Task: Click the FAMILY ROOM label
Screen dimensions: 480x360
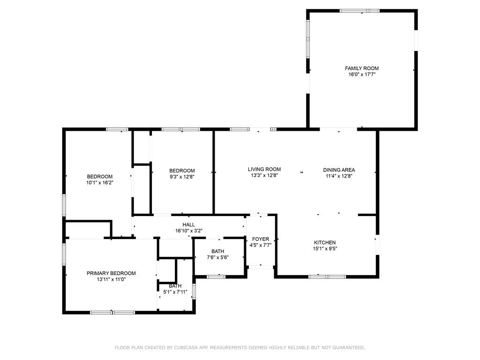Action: point(361,68)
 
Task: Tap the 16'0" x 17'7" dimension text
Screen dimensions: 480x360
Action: point(361,75)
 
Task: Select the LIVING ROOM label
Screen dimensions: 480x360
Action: point(264,169)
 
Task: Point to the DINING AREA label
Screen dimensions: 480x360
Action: point(339,170)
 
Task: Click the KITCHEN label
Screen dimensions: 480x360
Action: point(325,242)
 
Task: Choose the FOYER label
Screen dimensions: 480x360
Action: point(261,239)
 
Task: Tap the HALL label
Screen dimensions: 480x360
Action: point(188,225)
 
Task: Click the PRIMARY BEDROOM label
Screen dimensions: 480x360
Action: point(111,273)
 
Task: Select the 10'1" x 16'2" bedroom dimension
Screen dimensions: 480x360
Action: point(100,183)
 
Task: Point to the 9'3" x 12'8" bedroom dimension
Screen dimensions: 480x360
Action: point(182,177)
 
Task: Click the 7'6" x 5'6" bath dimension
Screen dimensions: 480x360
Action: point(217,257)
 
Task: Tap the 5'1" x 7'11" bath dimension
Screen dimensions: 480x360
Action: point(175,292)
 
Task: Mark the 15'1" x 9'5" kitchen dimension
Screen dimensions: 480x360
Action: point(325,248)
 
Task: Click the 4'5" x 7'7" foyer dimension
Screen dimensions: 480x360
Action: point(261,245)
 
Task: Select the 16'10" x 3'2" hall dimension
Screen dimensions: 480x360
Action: point(188,231)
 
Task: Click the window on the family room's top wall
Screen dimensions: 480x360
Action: point(360,11)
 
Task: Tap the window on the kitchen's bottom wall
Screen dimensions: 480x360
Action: point(327,277)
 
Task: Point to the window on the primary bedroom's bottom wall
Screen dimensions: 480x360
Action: point(112,313)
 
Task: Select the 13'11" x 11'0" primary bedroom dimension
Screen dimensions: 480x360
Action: point(111,279)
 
